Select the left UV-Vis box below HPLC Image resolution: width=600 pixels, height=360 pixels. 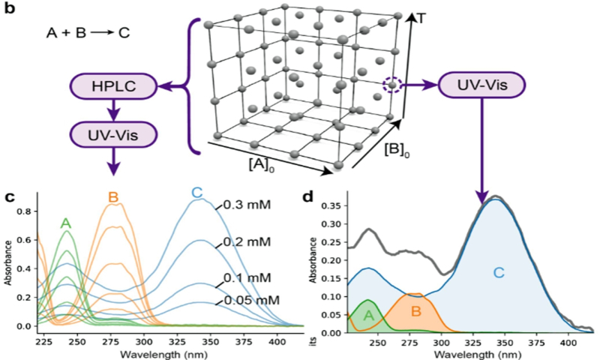pyautogui.click(x=115, y=135)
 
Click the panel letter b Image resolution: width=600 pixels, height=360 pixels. pyautogui.click(x=10, y=10)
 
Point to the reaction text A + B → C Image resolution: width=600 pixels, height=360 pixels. pyautogui.click(x=79, y=34)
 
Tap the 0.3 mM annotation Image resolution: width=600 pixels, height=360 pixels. pyautogui.click(x=248, y=205)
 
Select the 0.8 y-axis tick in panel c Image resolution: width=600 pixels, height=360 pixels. pyautogui.click(x=25, y=212)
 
